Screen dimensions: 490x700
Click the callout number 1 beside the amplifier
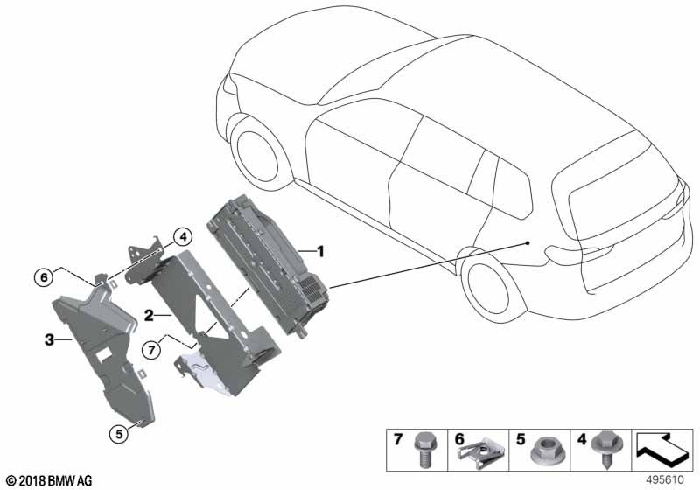pos(320,251)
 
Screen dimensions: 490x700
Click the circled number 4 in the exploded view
pos(181,236)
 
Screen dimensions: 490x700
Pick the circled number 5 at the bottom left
pos(116,430)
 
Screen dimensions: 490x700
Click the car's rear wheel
pos(490,288)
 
